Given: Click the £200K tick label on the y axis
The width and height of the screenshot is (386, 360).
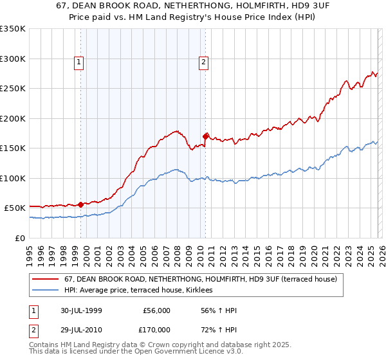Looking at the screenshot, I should (13, 118).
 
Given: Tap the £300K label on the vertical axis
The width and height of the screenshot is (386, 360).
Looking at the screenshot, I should (13, 59).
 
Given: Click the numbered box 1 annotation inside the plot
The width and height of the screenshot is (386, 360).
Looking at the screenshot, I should (78, 62).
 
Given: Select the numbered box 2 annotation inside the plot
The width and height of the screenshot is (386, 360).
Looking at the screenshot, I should (203, 62).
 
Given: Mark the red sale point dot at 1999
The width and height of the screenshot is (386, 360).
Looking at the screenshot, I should (81, 204).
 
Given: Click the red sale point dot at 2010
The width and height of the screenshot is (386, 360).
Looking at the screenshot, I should (206, 136).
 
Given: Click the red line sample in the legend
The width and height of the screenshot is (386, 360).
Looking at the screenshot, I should (46, 279).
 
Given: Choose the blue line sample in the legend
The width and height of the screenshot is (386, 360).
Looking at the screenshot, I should (46, 291).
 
